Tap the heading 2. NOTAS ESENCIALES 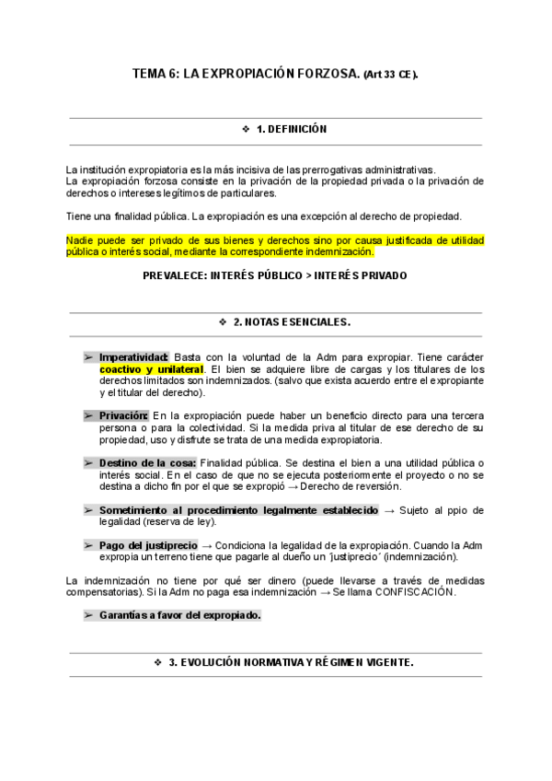[x=292, y=322]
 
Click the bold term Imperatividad [x=133, y=356]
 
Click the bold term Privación [x=124, y=415]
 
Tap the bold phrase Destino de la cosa [x=146, y=462]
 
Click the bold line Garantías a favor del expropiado [x=179, y=615]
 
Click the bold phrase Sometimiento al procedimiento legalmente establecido [x=238, y=510]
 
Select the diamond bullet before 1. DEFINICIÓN [x=246, y=130]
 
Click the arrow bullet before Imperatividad [x=88, y=356]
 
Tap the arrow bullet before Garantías [x=88, y=615]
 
